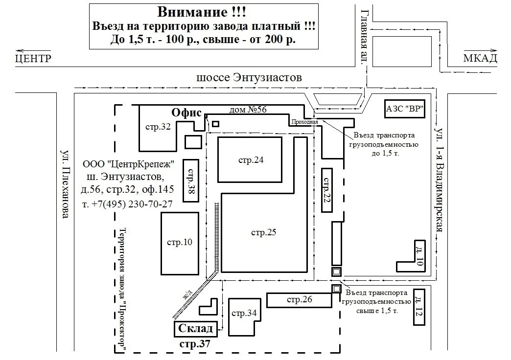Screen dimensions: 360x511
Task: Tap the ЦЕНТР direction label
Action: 33,59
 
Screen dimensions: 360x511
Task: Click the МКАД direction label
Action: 480,59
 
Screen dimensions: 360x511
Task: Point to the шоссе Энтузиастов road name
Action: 249,78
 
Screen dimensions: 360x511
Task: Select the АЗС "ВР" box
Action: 404,109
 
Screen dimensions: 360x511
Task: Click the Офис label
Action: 186,112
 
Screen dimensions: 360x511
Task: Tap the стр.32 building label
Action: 158,127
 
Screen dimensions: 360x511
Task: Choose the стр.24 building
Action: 250,160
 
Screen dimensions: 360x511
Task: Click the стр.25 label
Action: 264,232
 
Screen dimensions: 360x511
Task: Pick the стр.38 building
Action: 190,180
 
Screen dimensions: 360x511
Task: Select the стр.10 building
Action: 180,242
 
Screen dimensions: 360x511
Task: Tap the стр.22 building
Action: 327,190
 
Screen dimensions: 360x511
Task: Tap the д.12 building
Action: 418,307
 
